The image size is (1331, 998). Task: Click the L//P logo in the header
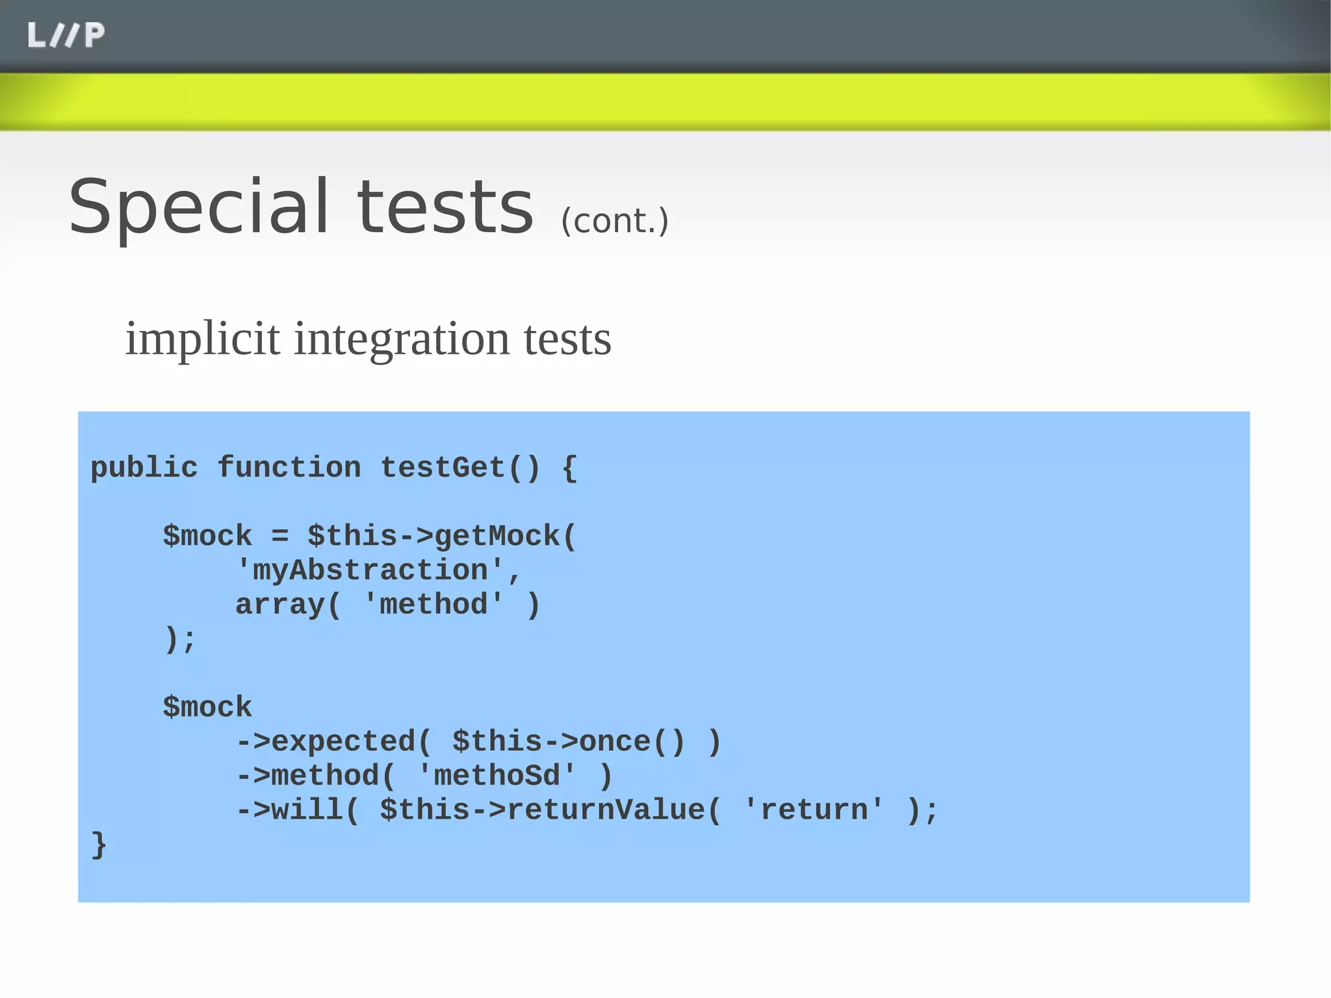click(x=66, y=35)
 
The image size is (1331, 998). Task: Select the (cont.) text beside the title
click(x=615, y=221)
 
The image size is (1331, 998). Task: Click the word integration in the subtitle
click(x=402, y=339)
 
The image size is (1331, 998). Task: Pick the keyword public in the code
click(x=144, y=468)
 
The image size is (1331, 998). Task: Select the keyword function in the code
click(x=289, y=468)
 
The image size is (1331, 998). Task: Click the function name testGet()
click(x=460, y=468)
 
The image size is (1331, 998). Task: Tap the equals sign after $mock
click(x=279, y=536)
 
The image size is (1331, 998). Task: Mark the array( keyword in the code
click(x=288, y=605)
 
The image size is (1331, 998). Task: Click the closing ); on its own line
click(x=179, y=640)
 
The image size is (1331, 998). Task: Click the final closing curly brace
click(x=99, y=845)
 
